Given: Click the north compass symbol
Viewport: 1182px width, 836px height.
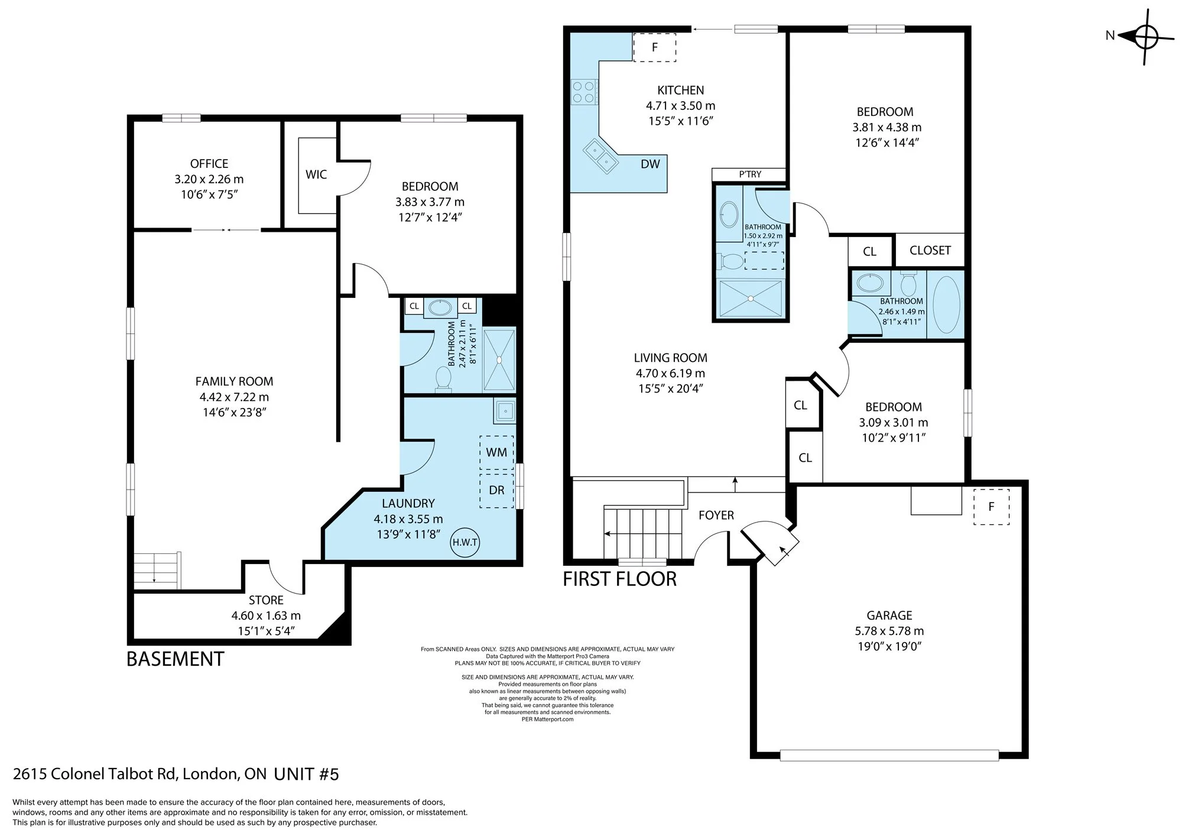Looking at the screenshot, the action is pyautogui.click(x=1145, y=37).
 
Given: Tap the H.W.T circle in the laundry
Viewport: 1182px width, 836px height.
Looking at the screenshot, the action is pyautogui.click(x=465, y=542).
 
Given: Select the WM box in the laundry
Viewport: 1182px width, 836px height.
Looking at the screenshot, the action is pyautogui.click(x=496, y=452).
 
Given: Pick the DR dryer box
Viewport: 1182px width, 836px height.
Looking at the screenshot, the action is pyautogui.click(x=496, y=490).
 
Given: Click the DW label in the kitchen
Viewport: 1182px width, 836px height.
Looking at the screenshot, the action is pyautogui.click(x=650, y=164).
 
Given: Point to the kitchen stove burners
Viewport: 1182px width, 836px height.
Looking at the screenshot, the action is pyautogui.click(x=584, y=92).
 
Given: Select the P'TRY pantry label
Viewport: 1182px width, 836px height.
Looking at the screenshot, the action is pyautogui.click(x=750, y=174).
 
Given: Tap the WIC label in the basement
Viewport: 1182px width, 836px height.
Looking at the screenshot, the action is pyautogui.click(x=316, y=174).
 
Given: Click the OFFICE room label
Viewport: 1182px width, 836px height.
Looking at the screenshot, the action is pyautogui.click(x=209, y=164).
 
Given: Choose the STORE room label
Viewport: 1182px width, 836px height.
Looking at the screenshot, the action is pyautogui.click(x=266, y=600).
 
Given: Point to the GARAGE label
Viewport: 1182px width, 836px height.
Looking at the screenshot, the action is pyautogui.click(x=889, y=615).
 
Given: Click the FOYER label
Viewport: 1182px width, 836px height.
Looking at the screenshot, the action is pyautogui.click(x=716, y=516).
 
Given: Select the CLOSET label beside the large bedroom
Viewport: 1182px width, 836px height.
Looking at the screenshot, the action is pyautogui.click(x=930, y=251).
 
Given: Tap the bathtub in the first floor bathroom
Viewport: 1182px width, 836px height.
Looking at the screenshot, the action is pyautogui.click(x=946, y=304).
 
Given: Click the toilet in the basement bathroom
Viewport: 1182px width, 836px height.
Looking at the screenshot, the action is pyautogui.click(x=443, y=379).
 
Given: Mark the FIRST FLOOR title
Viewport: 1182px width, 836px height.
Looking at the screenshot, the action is pyautogui.click(x=619, y=579).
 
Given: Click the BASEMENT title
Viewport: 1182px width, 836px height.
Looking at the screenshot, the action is pyautogui.click(x=176, y=659).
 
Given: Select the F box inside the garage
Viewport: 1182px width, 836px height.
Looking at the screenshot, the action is pyautogui.click(x=991, y=507).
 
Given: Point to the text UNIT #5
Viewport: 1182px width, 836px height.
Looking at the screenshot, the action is pyautogui.click(x=306, y=774).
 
